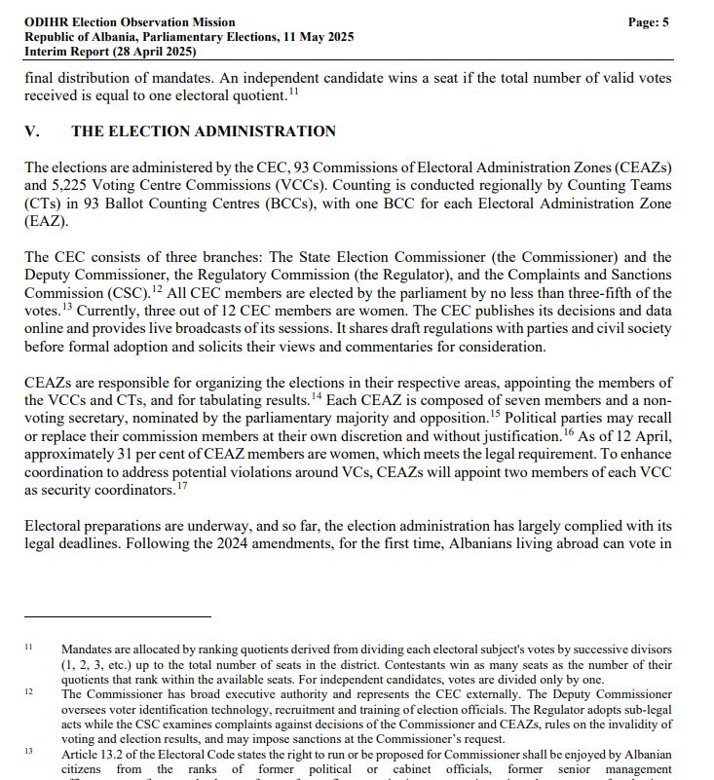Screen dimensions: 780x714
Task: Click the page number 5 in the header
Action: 665,21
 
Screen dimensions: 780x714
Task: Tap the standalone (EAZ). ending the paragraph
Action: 46,221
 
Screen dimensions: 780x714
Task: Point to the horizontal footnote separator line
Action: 117,616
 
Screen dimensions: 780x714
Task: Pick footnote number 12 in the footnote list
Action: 29,693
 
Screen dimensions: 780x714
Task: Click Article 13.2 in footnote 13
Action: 94,752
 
